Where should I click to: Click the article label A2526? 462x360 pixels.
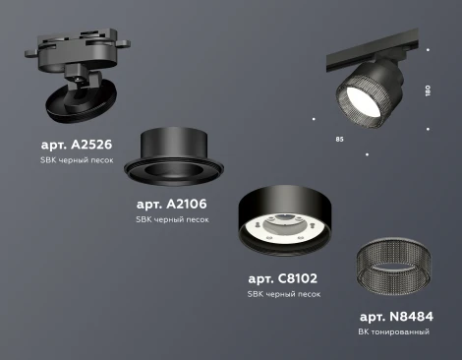(x=73, y=145)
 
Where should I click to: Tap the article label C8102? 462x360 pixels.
(x=283, y=279)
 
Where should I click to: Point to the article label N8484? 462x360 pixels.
(x=397, y=317)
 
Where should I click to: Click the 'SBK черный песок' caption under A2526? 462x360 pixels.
(x=72, y=160)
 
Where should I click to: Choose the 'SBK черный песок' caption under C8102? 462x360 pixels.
(x=283, y=294)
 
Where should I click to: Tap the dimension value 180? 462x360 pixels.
(x=427, y=90)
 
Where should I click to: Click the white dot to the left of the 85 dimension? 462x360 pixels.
(x=313, y=120)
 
